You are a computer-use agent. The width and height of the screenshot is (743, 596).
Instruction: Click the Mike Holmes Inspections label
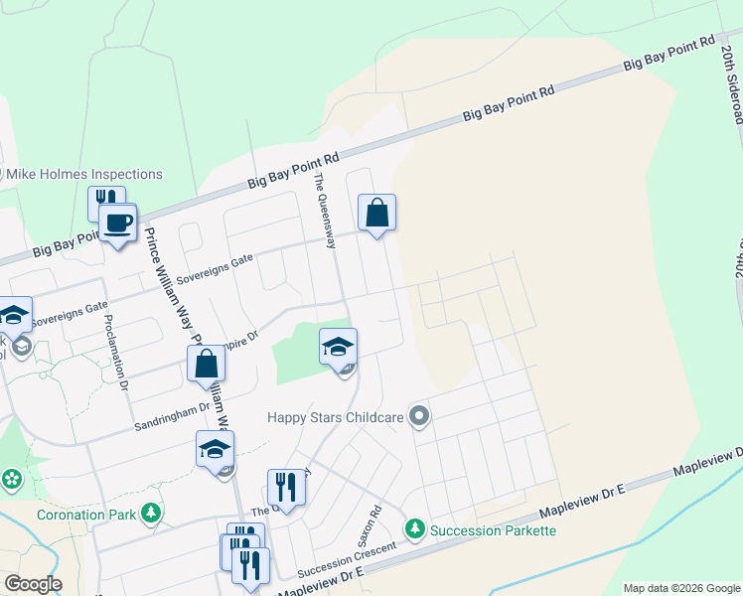point(84,175)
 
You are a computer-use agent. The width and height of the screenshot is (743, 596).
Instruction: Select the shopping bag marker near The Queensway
point(377,213)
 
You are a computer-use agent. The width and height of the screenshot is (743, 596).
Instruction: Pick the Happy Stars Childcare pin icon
point(419,417)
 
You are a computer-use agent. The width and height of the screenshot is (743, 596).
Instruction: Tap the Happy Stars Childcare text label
point(335,417)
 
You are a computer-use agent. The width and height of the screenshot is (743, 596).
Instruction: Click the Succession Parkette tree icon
point(415,530)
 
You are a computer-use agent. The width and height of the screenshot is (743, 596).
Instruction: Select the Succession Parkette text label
point(493,530)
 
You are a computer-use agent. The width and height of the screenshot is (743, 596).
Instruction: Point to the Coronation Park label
point(84,515)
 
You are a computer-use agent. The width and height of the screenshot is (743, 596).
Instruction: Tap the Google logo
point(32,584)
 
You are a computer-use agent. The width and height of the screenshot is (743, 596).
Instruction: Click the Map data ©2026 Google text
point(680,588)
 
